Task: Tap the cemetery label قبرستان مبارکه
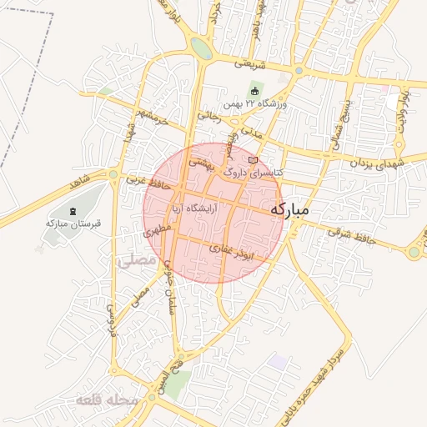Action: [73, 224]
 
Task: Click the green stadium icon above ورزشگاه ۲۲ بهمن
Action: [254, 90]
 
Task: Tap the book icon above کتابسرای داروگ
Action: [254, 158]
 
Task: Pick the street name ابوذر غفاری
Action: [243, 249]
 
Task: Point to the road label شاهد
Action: [81, 179]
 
